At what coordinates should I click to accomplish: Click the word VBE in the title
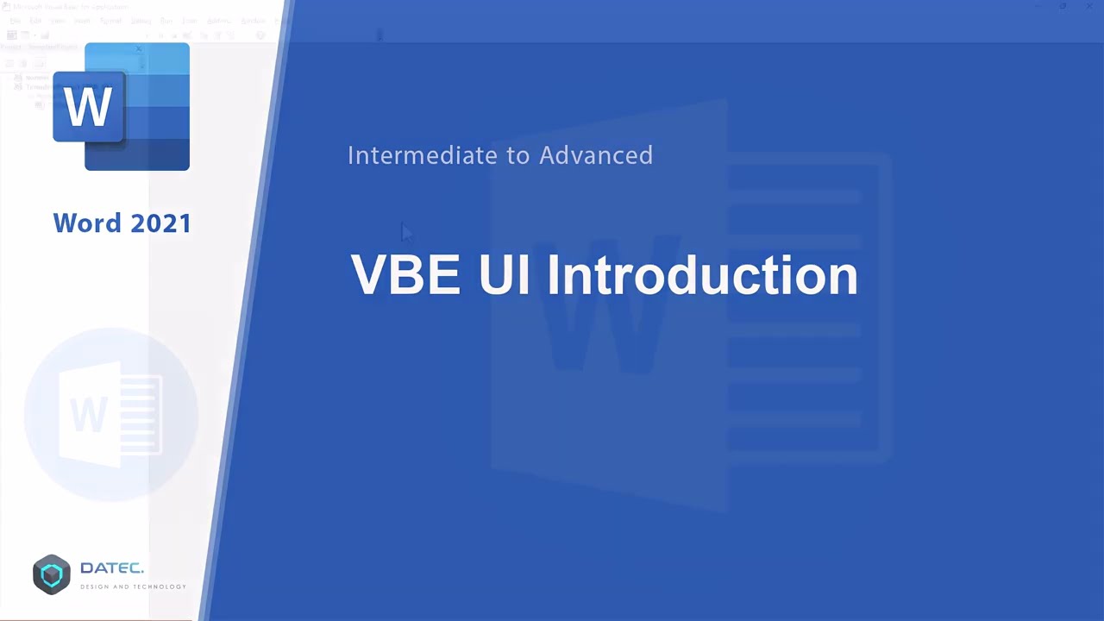[x=405, y=275]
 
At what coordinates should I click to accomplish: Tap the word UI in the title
[x=504, y=275]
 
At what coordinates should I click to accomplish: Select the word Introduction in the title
[x=702, y=275]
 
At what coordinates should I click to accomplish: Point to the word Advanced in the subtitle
[x=596, y=155]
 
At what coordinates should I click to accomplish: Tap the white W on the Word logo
[x=88, y=107]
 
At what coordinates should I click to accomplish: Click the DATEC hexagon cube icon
[x=52, y=574]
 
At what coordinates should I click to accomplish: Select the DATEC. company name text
[x=112, y=568]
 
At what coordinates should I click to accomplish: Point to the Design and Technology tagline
[x=133, y=587]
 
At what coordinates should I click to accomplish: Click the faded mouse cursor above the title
[x=406, y=232]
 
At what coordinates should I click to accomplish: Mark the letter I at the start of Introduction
[x=553, y=275]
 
